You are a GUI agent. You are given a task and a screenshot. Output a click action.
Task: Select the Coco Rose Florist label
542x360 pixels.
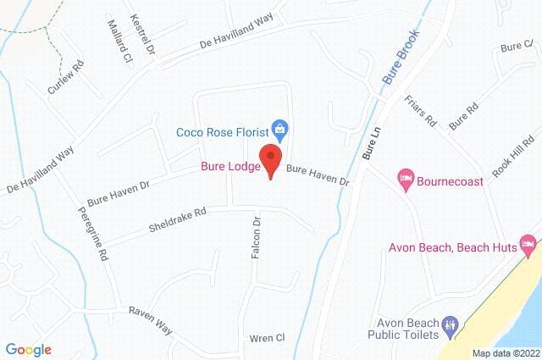[x=222, y=131]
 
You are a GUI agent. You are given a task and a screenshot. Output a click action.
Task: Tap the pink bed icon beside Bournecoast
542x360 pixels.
[x=406, y=179]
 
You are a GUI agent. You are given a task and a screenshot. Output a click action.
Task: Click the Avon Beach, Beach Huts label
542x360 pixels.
[x=452, y=248]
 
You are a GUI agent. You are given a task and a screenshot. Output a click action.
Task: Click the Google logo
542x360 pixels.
[x=28, y=349]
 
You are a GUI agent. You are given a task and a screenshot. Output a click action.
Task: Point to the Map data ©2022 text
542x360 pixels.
[x=505, y=353]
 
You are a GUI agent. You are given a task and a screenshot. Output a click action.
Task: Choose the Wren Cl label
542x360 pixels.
[x=267, y=339]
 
